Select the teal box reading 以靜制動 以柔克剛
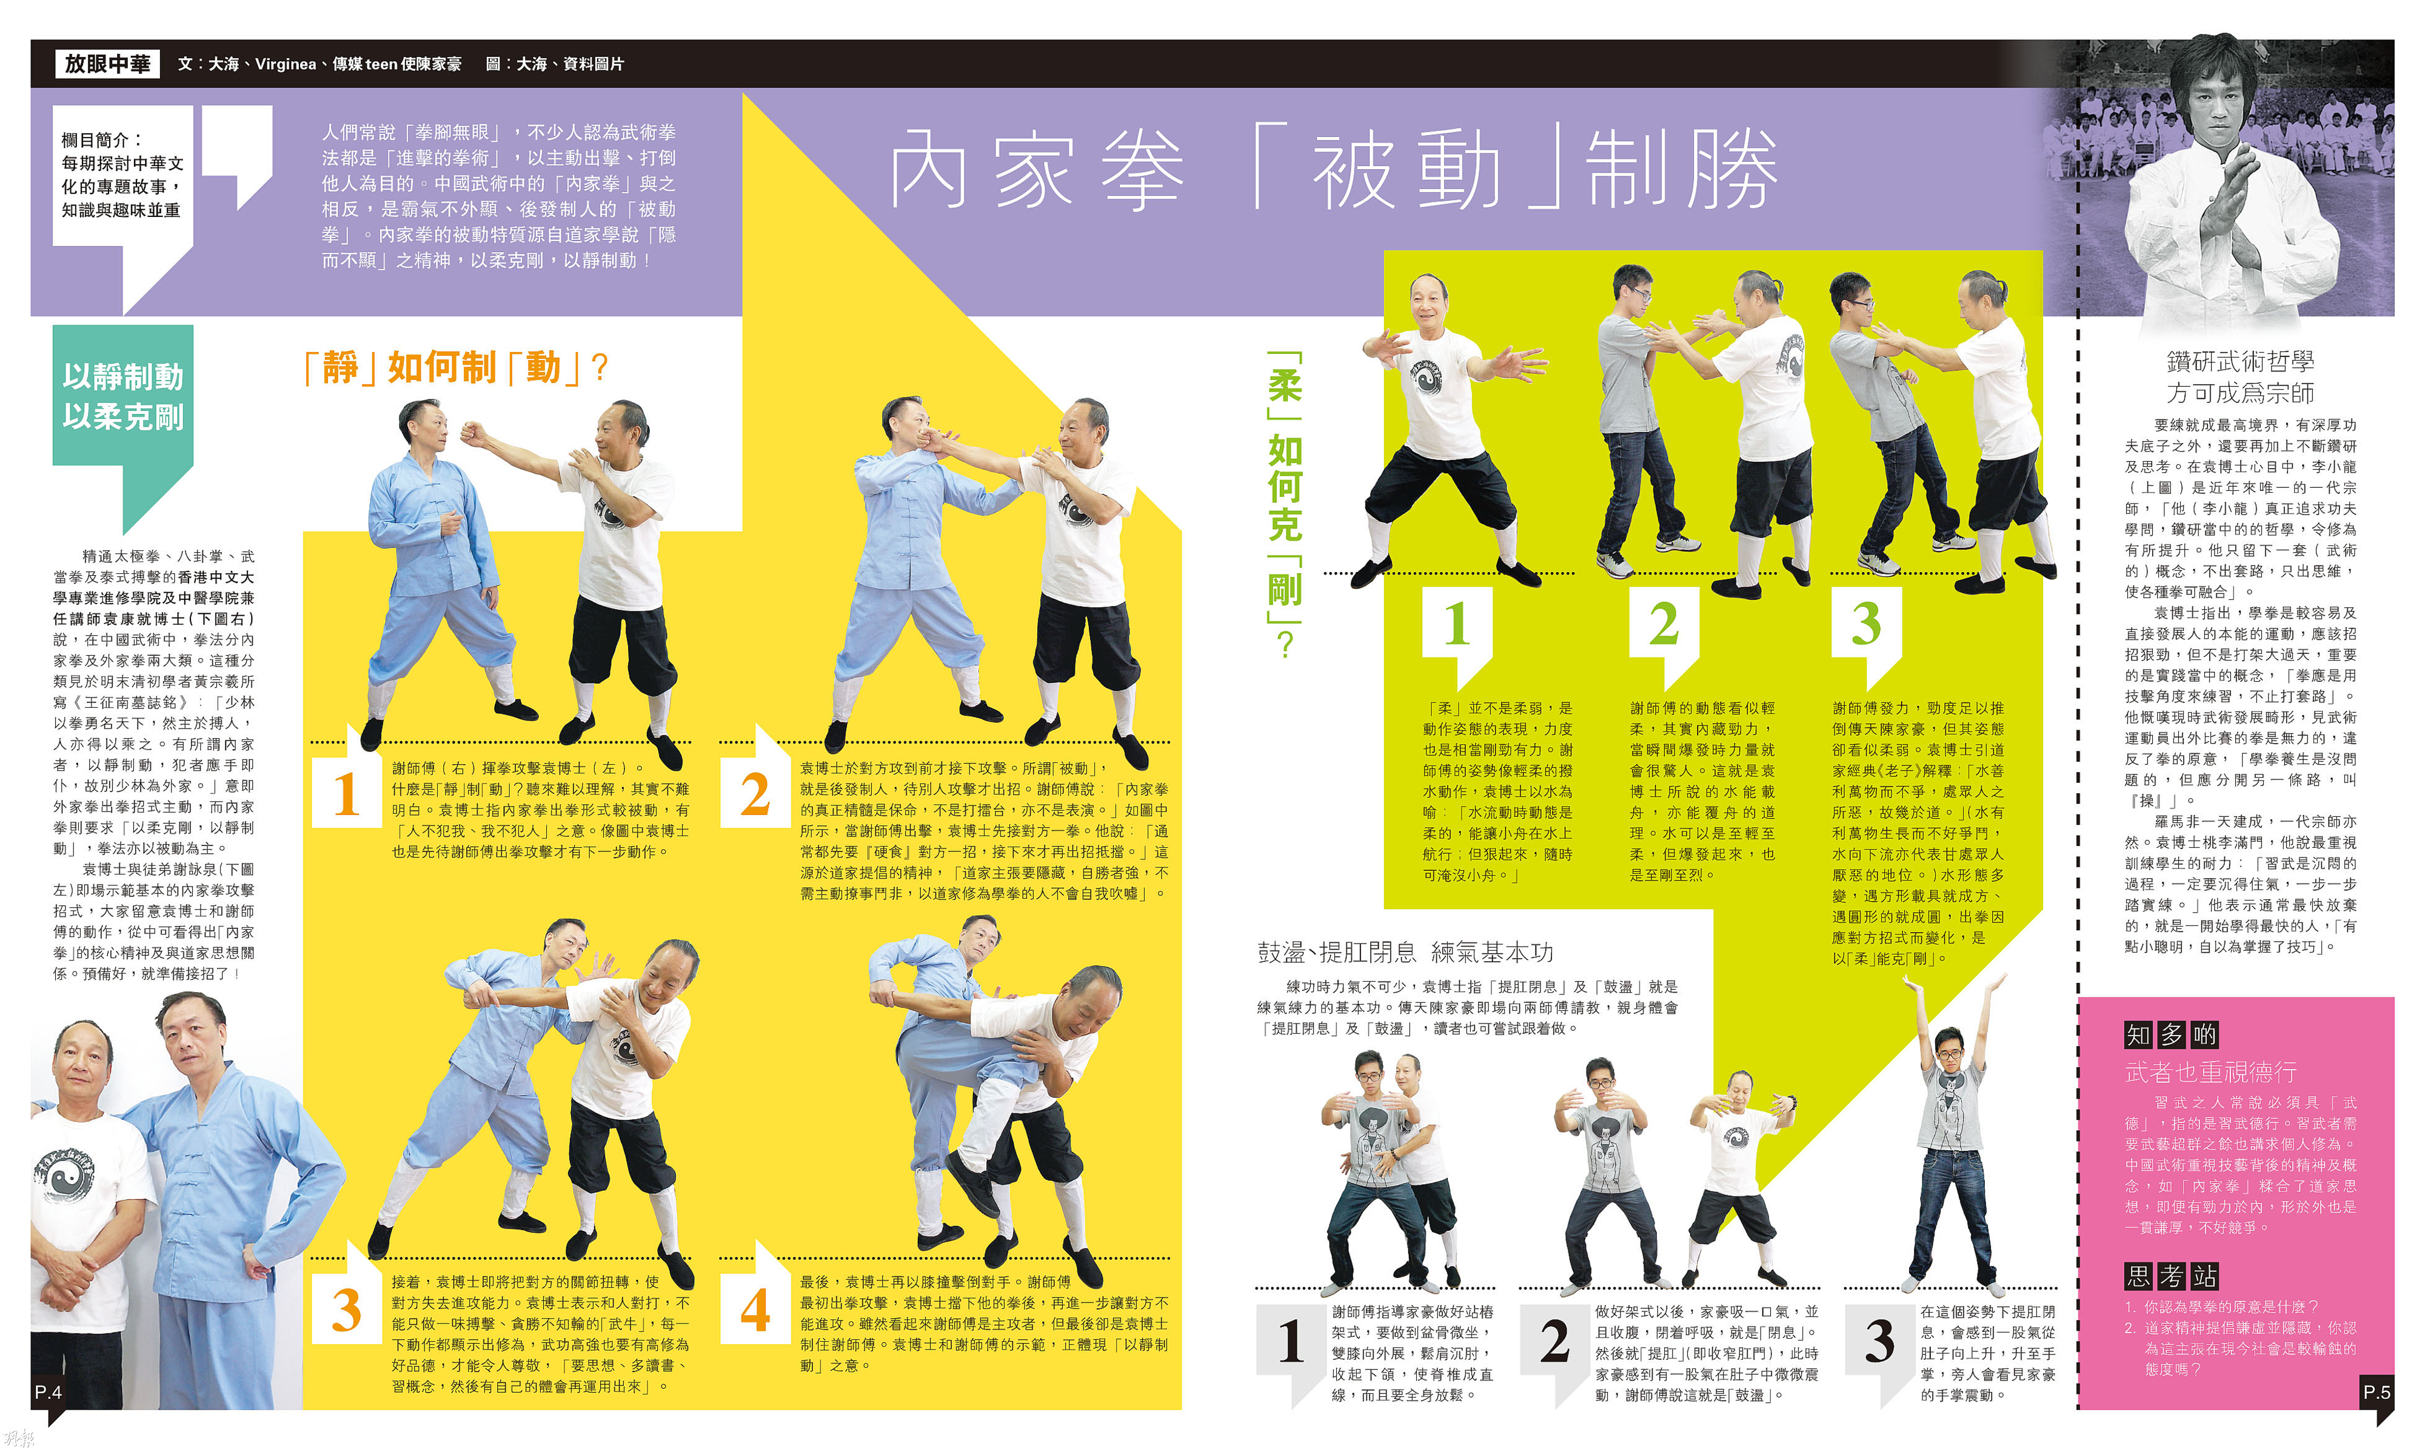(123, 396)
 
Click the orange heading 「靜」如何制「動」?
(457, 368)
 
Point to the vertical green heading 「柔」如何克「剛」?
(1284, 504)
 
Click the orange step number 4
(755, 1310)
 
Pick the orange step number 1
(346, 794)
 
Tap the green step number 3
(1865, 623)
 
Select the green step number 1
(1456, 623)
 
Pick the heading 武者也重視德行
(2210, 1071)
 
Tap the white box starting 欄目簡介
(121, 176)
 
